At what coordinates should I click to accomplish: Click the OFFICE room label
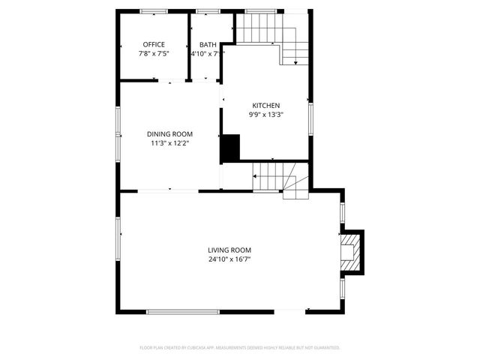[x=154, y=44]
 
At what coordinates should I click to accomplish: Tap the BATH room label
[x=208, y=44]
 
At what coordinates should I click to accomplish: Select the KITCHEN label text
[x=266, y=105]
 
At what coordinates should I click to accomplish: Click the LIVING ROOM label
[x=229, y=250]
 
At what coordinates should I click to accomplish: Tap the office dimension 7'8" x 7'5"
[x=154, y=54]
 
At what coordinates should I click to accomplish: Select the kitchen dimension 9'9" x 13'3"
[x=266, y=115]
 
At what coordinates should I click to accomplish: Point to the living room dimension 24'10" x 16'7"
[x=229, y=259]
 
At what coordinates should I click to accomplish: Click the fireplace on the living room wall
[x=350, y=250]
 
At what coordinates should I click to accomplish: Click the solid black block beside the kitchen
[x=229, y=148]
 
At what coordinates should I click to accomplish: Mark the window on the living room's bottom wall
[x=183, y=311]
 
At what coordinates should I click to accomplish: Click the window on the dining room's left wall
[x=117, y=133]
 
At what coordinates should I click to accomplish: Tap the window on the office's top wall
[x=154, y=11]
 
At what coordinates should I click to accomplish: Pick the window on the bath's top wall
[x=205, y=11]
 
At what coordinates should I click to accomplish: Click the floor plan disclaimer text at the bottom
[x=240, y=348]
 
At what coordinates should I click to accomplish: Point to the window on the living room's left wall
[x=118, y=238]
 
